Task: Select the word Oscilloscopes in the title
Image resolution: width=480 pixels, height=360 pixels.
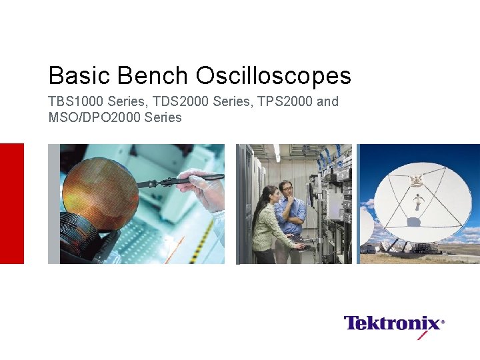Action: (273, 75)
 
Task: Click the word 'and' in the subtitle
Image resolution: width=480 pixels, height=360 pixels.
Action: (328, 102)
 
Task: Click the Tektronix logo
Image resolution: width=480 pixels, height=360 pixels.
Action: (392, 324)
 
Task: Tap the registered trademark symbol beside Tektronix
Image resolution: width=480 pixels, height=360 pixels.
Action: (443, 321)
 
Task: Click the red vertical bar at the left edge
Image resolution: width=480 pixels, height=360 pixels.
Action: (11, 203)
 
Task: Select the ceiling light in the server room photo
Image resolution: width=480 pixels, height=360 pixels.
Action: (275, 153)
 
